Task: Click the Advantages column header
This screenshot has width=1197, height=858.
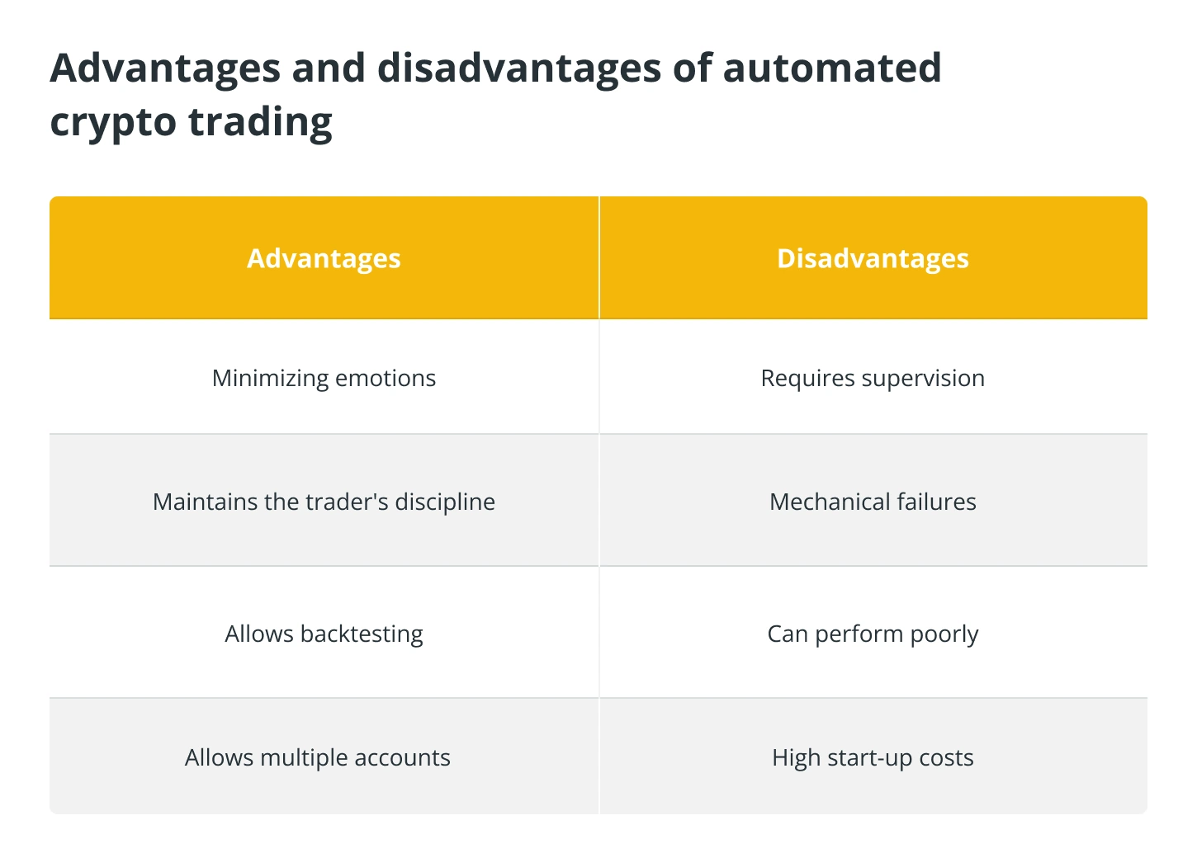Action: point(324,258)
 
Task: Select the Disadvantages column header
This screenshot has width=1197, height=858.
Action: point(873,258)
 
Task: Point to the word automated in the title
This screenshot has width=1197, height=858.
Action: point(832,68)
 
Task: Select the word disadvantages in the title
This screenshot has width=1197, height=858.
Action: point(519,70)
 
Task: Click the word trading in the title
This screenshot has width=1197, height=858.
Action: point(260,123)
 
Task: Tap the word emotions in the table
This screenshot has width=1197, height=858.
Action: point(386,379)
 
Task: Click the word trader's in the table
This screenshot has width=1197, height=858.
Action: point(334,502)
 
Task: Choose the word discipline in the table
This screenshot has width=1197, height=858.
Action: point(445,502)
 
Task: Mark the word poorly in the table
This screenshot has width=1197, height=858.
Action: point(944,634)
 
